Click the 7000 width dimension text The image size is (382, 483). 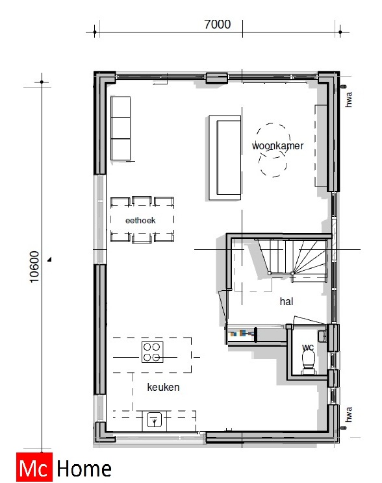[x=217, y=25]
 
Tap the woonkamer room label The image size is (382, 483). [x=277, y=146]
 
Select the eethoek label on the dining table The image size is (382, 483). [x=141, y=220]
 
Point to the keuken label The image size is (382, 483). [x=163, y=388]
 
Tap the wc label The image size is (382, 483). [x=307, y=347]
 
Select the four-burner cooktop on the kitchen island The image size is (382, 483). [x=153, y=352]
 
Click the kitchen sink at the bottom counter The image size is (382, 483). [x=154, y=420]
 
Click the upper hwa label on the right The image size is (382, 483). [x=349, y=99]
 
